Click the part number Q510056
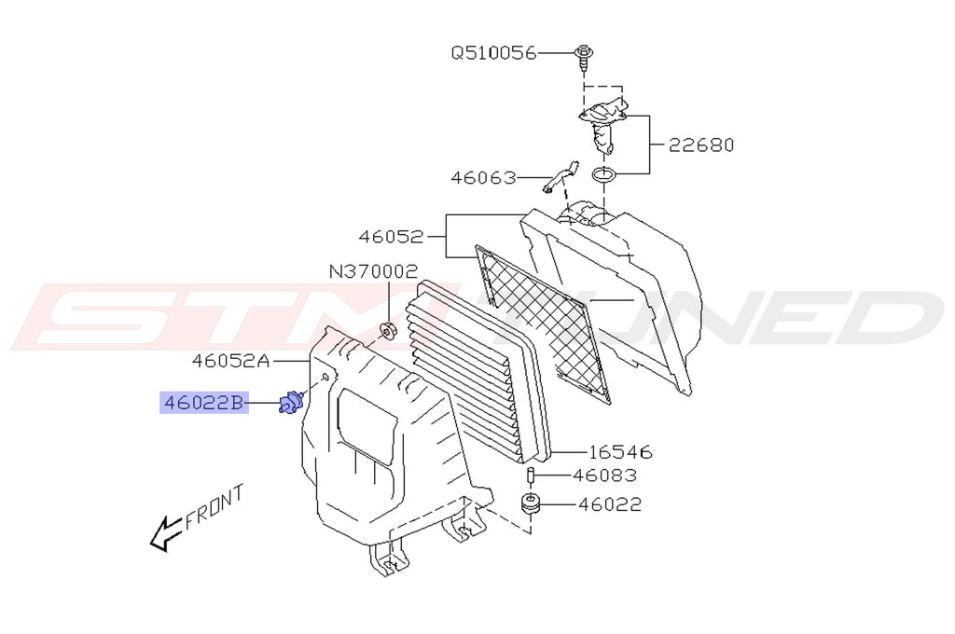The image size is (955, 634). tap(493, 53)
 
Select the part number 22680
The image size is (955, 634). tap(700, 145)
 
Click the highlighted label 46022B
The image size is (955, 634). tap(203, 403)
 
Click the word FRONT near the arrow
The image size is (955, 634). tap(214, 507)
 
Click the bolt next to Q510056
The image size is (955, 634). tap(584, 53)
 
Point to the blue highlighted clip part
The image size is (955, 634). tap(291, 404)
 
